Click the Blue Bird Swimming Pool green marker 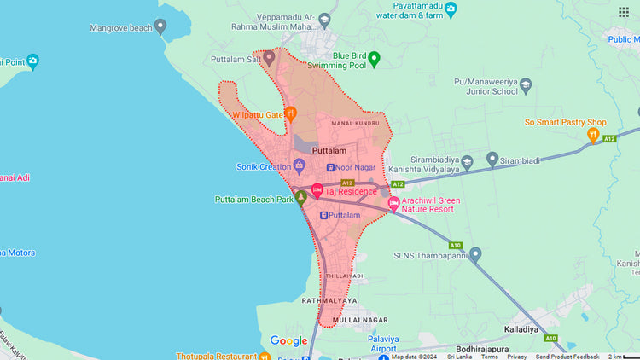(x=374, y=59)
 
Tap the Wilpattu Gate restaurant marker (x=291, y=113)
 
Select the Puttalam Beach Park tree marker (x=300, y=199)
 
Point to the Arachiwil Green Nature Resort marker (x=393, y=204)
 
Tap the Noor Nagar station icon (x=331, y=167)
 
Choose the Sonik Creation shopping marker (x=300, y=165)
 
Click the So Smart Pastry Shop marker (x=593, y=136)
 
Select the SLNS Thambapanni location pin (x=475, y=254)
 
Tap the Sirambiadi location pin (x=492, y=159)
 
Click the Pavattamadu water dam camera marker (x=451, y=9)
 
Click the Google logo (x=288, y=341)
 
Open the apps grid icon (x=624, y=12)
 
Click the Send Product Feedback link (x=567, y=357)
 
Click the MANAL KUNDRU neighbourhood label (x=354, y=125)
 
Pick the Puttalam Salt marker (x=269, y=58)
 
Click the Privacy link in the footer (x=517, y=357)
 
